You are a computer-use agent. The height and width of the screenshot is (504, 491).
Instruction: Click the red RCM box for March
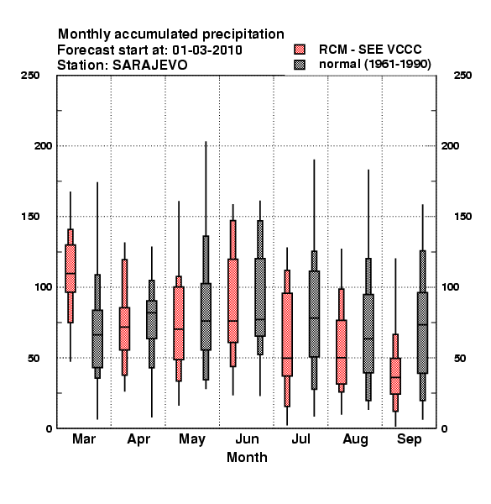[71, 276]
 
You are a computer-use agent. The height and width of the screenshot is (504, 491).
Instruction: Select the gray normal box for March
[97, 326]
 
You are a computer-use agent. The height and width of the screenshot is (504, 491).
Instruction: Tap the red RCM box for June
[232, 293]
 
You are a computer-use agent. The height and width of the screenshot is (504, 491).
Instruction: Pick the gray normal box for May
[206, 307]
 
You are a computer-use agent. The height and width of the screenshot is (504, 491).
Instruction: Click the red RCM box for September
[395, 372]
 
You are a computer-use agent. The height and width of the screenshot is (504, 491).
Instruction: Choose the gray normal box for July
[314, 320]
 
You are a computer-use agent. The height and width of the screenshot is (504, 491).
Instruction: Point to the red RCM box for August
[342, 340]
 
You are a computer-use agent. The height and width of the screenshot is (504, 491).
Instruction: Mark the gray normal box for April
[152, 323]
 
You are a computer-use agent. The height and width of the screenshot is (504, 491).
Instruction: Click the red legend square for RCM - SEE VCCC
[300, 50]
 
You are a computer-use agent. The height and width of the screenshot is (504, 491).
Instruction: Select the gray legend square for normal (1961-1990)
[300, 65]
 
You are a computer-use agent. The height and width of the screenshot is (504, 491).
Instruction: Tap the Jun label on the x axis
[247, 438]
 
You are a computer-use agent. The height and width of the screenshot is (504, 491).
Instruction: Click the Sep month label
[409, 439]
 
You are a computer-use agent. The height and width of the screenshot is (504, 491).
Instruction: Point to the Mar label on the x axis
[84, 438]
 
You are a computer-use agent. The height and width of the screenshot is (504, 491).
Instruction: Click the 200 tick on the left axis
[43, 145]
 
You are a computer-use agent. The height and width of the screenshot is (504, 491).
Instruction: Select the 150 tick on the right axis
[462, 217]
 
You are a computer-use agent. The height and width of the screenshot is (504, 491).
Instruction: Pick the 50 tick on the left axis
[34, 358]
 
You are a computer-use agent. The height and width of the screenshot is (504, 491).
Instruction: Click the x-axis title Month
[247, 457]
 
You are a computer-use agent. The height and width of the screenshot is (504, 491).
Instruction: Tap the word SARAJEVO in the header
[149, 66]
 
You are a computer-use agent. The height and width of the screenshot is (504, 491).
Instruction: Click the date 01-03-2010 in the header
[207, 50]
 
